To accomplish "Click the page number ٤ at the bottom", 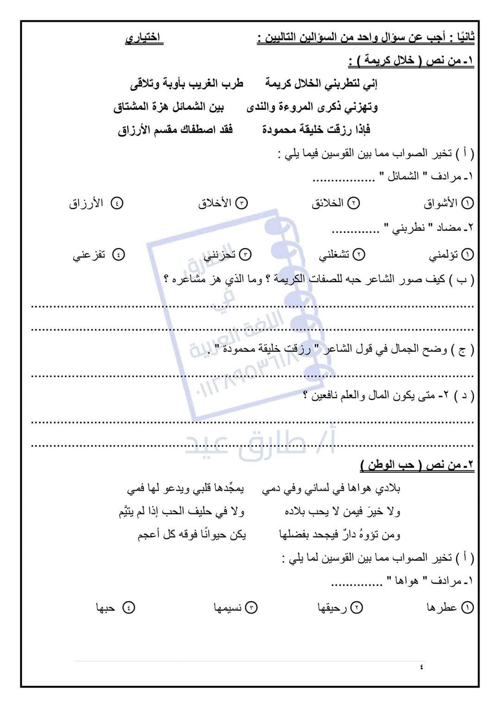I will click(421, 667).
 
